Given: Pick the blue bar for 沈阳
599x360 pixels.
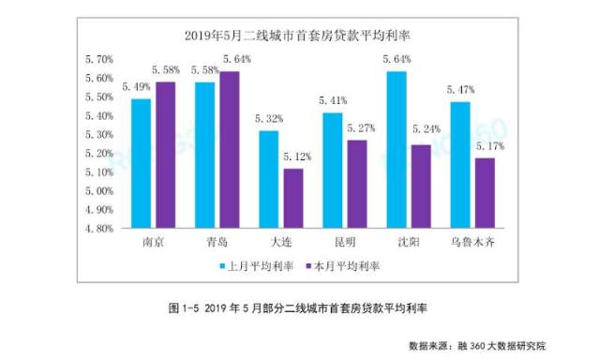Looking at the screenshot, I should pos(396,149).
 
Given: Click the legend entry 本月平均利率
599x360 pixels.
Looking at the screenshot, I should pos(343,266).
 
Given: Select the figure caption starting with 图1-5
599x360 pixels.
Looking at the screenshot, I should pos(297,307).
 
